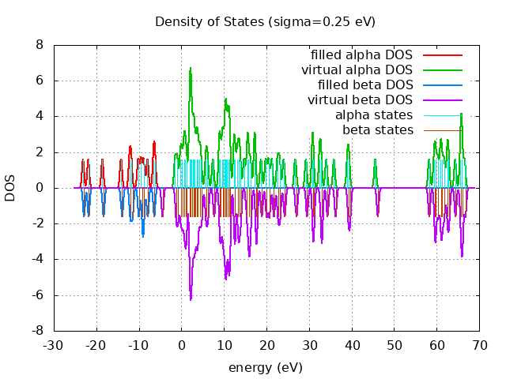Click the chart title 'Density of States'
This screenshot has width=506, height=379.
click(x=265, y=21)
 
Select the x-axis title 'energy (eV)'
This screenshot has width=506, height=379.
click(x=266, y=367)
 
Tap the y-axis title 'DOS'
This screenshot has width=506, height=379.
click(x=10, y=188)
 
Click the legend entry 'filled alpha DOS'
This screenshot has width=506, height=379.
click(x=361, y=55)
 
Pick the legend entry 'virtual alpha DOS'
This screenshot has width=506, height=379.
click(x=357, y=70)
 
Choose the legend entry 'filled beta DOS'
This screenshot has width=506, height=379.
click(x=364, y=85)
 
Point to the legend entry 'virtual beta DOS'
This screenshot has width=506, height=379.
click(x=360, y=100)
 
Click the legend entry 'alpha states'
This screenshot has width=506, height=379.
click(x=374, y=115)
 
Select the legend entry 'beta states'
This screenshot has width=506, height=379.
click(x=377, y=130)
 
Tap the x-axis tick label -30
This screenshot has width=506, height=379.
click(x=53, y=345)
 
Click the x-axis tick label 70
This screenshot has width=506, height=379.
click(x=479, y=345)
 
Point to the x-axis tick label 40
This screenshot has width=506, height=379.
click(x=351, y=345)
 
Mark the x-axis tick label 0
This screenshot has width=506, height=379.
click(x=181, y=345)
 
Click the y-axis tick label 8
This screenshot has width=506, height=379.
click(x=39, y=45)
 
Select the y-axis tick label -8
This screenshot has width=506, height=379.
click(x=36, y=331)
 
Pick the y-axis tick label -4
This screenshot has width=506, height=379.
click(x=36, y=260)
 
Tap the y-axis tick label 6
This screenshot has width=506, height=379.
click(x=39, y=81)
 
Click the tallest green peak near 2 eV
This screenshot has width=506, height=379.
click(x=191, y=69)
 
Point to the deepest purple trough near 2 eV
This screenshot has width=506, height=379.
click(x=191, y=299)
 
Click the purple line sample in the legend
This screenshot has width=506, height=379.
click(x=442, y=100)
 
